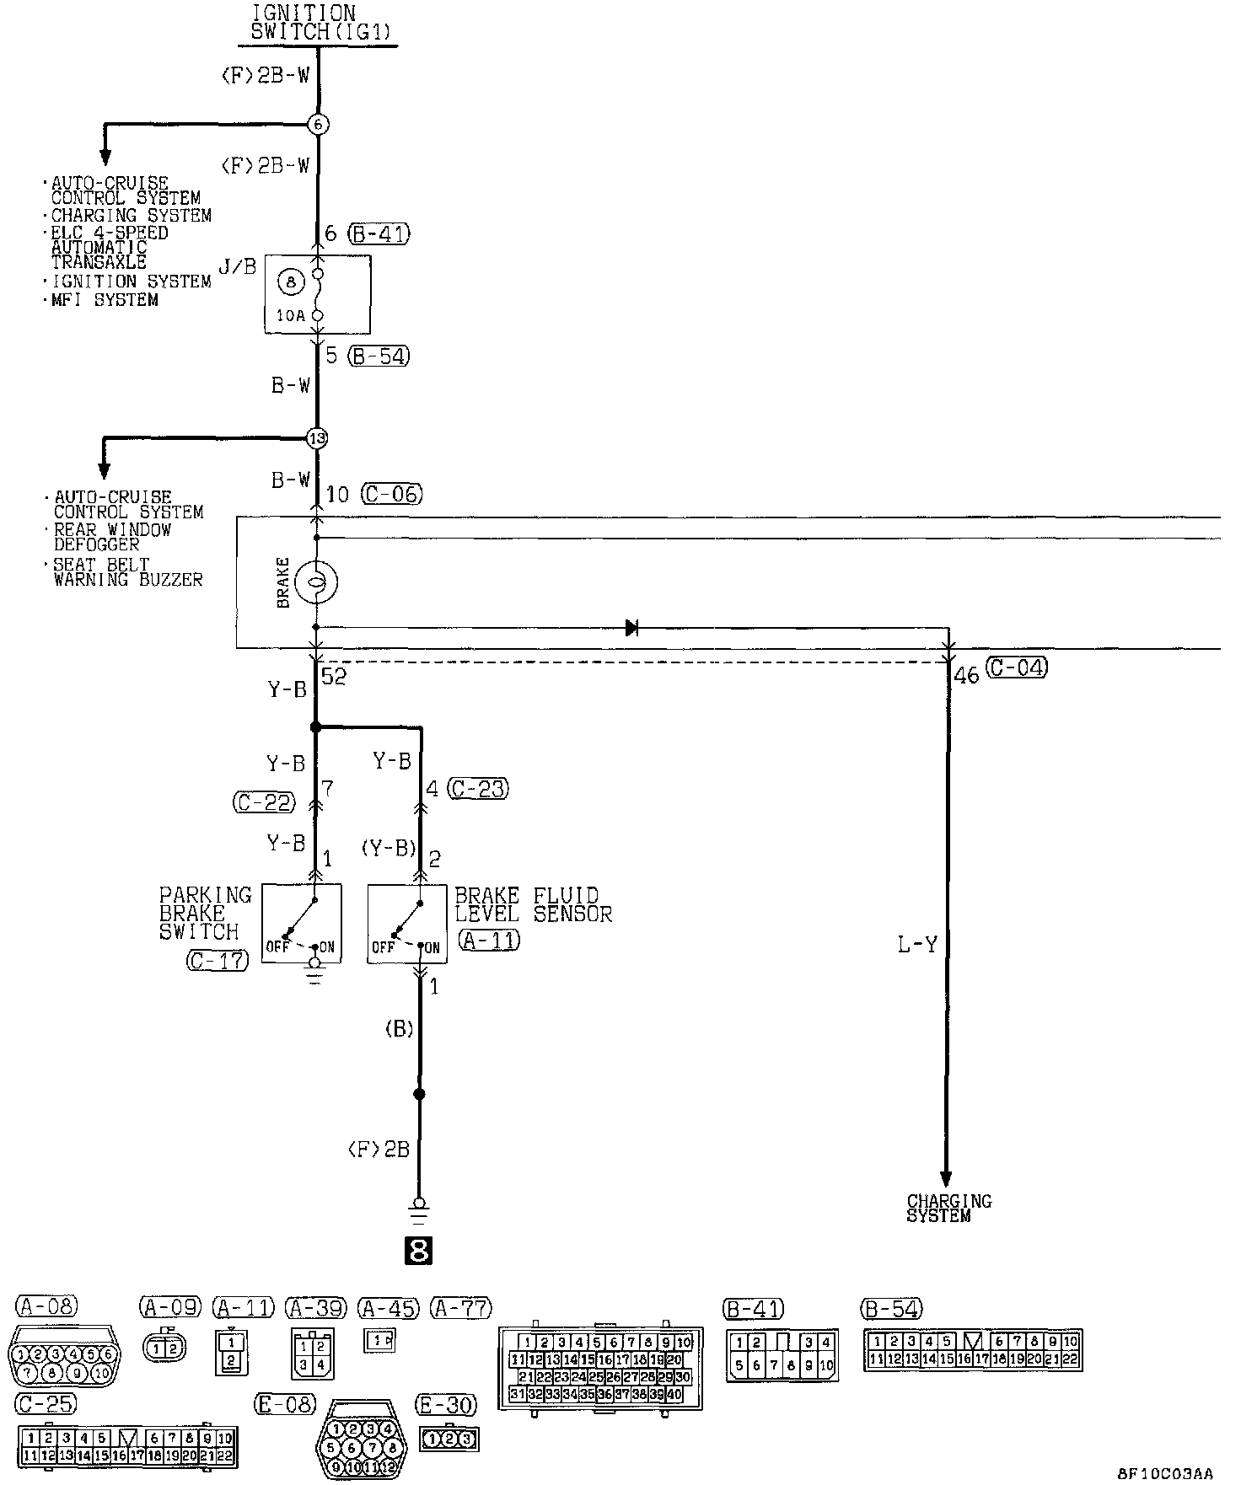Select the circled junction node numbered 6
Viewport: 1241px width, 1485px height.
pos(317,125)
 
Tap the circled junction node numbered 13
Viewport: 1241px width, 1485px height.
pos(317,438)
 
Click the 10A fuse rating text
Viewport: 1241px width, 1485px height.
pos(289,315)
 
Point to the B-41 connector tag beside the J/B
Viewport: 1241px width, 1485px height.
pos(379,233)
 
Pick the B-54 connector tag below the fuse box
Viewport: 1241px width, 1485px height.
pos(379,356)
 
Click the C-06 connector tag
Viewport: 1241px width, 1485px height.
pos(391,494)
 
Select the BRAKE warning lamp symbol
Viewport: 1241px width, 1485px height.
pos(316,582)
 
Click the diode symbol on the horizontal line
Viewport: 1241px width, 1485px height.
pos(631,627)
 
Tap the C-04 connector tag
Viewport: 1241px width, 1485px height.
pos(1016,668)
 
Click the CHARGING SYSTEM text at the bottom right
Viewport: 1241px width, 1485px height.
pos(948,1209)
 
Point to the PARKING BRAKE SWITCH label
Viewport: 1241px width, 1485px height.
pos(205,914)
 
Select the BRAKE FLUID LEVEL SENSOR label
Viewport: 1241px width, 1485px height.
pos(533,904)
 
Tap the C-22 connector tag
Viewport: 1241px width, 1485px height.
pos(264,802)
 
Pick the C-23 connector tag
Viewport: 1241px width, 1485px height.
pos(479,789)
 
